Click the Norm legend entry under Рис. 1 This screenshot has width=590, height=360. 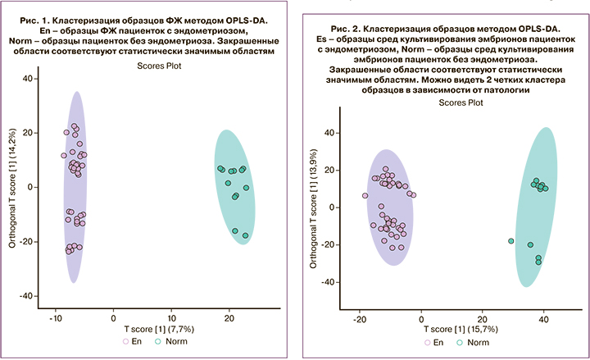click(x=166, y=340)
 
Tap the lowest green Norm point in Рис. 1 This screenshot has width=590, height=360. click(x=245, y=235)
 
